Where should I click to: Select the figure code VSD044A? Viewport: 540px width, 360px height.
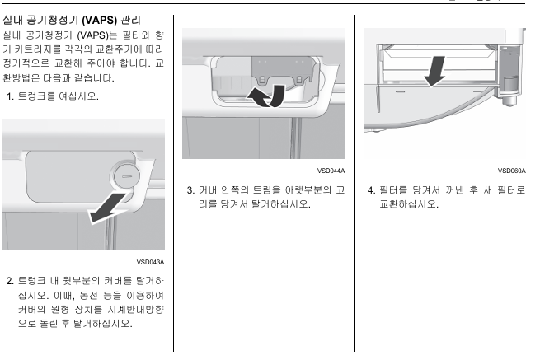[x=331, y=171]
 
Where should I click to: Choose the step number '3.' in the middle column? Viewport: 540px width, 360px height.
[x=190, y=189]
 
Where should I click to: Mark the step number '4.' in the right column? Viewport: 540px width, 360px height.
[x=370, y=189]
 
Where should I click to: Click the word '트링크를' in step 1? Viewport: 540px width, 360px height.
[x=38, y=97]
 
